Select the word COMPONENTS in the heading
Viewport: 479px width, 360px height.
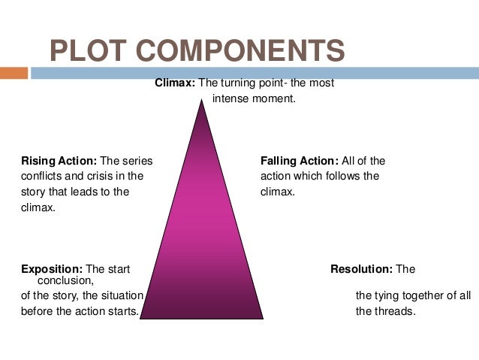click(247, 51)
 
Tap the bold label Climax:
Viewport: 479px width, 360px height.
click(175, 83)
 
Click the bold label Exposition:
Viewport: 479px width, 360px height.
click(52, 269)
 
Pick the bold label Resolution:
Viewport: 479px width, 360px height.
click(362, 269)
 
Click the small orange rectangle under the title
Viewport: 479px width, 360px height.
click(14, 74)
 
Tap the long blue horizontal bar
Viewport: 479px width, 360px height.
click(255, 74)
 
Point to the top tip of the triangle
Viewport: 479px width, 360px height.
click(201, 101)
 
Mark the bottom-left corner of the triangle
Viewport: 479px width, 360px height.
click(141, 318)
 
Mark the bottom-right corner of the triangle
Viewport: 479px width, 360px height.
click(262, 318)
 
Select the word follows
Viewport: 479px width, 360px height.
click(340, 177)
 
